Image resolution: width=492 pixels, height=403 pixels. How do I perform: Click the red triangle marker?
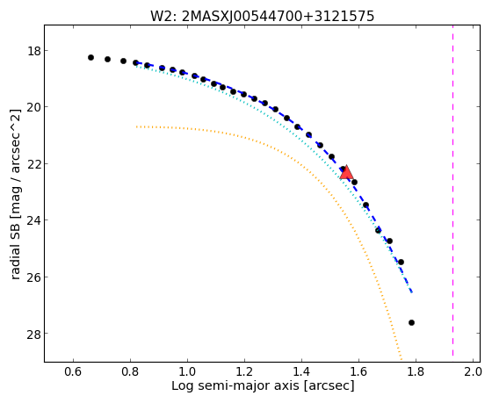346,172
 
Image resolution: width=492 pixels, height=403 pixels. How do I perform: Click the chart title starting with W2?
263,17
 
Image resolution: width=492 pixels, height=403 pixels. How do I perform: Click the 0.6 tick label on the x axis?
73,372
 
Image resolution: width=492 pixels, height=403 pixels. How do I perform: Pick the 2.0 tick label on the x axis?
473,372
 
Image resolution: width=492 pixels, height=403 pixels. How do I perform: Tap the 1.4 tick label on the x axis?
301,372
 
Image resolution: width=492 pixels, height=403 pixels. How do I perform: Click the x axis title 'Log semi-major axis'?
235,386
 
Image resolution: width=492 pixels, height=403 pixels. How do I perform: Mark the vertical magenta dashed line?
452,191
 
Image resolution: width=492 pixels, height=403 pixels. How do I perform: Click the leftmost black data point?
91,57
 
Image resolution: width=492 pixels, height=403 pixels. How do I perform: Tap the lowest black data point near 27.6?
411,323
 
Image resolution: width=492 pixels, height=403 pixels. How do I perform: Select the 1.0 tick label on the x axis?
187,372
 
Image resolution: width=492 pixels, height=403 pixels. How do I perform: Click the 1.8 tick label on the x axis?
416,372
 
